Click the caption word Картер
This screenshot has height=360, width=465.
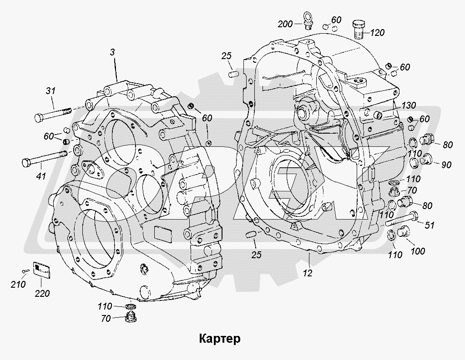tap(219, 339)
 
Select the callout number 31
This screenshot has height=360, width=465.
tap(51, 91)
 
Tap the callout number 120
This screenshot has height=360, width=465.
tap(377, 33)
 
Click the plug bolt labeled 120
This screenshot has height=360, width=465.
tap(359, 28)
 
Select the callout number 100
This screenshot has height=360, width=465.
tap(418, 251)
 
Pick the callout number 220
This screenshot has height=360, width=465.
tap(42, 293)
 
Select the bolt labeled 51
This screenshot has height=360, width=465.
tap(403, 220)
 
